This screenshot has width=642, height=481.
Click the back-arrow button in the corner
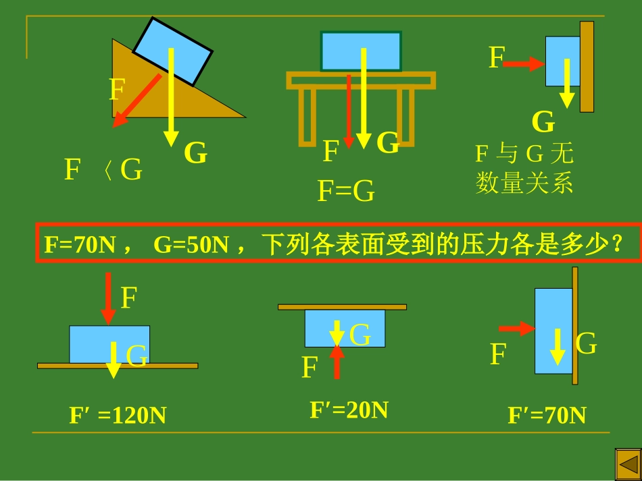pos(628,464)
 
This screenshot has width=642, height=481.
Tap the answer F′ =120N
pos(118,415)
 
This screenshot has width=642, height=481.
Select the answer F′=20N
pos(349,410)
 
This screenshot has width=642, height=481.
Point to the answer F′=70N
pos(547,415)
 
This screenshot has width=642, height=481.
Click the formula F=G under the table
pos(346,191)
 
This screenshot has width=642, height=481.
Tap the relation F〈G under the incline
pos(103,169)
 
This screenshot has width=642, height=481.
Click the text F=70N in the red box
pos(80,244)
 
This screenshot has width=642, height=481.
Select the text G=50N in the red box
pos(191,244)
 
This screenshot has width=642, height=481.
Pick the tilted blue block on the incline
pos(173,51)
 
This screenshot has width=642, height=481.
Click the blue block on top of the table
pos(361,51)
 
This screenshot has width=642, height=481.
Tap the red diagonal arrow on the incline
pos(137,101)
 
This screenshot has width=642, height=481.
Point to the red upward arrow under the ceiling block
pos(337,362)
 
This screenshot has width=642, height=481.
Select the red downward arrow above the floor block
pos(108,299)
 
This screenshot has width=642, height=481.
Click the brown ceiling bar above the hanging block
pos(343,307)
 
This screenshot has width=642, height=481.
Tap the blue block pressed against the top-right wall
pos(562,61)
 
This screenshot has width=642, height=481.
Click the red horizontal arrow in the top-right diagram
pos(524,64)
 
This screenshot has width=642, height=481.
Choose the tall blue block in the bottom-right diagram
pos(553,331)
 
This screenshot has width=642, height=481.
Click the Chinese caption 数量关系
pos(524,183)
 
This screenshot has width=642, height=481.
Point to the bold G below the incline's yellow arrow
pos(196,152)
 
